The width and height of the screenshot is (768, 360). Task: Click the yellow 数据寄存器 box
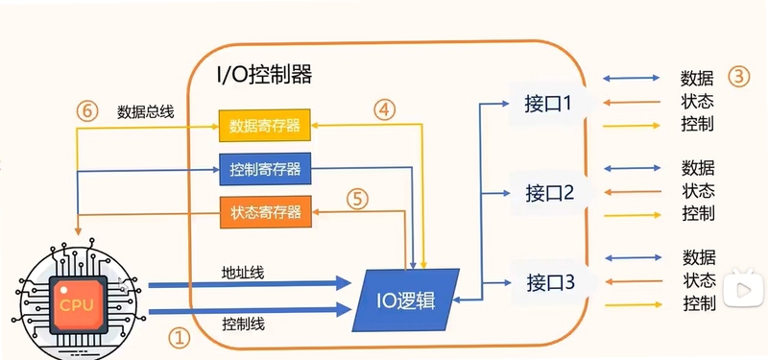pos(264,126)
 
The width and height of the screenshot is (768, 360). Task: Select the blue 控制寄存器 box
pos(265,170)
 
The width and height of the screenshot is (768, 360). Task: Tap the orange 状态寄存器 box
pos(266,212)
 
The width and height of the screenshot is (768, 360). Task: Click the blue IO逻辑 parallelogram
pos(406,300)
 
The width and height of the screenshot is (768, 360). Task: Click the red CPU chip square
pos(77,304)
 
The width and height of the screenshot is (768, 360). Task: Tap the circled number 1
pos(179,338)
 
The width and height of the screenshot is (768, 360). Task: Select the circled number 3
pos(738,77)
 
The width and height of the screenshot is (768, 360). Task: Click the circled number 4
pos(385,109)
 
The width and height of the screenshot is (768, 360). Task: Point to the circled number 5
pos(357,199)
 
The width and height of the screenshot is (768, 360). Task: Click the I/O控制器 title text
pos(265,76)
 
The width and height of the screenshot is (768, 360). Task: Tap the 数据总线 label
pos(145,112)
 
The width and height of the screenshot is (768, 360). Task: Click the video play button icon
pos(745,289)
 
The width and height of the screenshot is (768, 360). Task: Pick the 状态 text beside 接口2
pos(699,190)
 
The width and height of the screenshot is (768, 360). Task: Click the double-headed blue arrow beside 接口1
pos(632,78)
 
